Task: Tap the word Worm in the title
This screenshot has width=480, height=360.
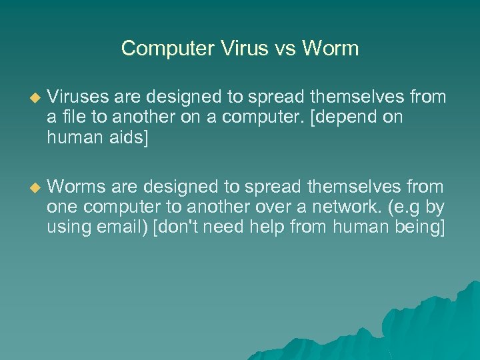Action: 331,49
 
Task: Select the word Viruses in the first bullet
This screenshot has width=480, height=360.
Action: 73,97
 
